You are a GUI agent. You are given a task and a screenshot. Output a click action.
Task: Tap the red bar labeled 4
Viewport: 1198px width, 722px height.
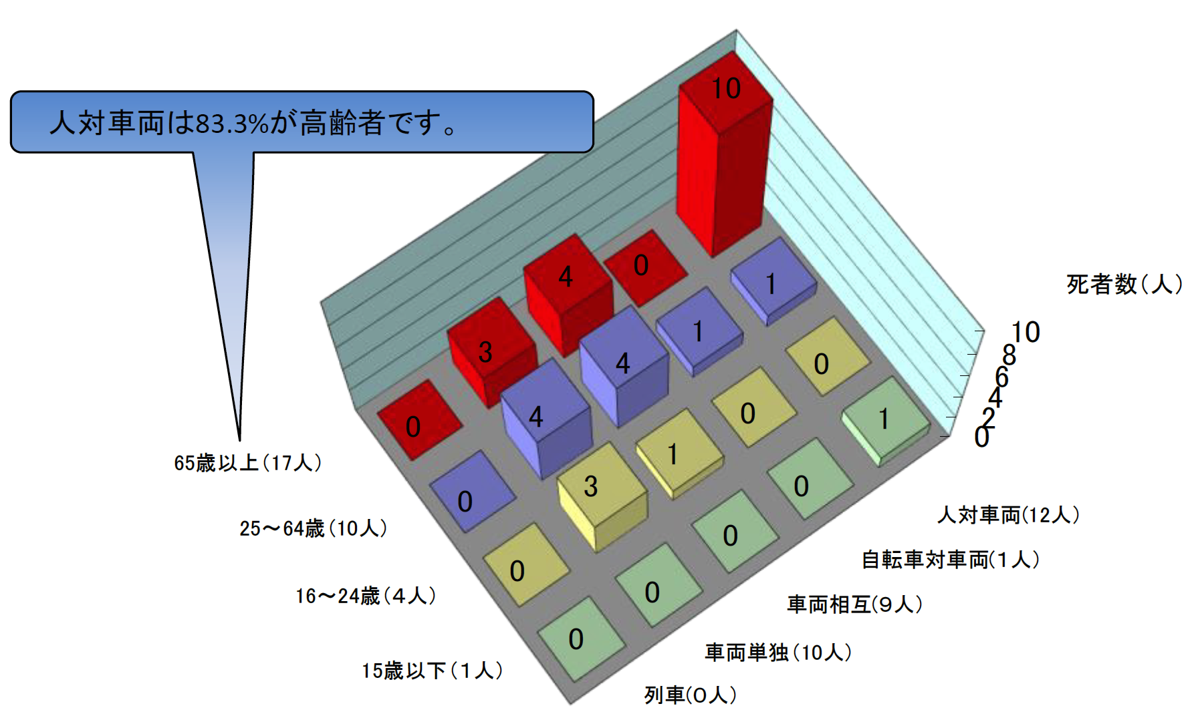568,294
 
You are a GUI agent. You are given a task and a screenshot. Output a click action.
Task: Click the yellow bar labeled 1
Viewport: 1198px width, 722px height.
679,454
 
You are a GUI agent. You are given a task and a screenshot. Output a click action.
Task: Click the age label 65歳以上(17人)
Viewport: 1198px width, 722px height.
248,463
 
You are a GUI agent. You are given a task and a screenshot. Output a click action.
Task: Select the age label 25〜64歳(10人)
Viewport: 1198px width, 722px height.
314,528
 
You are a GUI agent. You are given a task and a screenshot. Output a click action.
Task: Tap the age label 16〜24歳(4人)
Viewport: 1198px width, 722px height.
366,596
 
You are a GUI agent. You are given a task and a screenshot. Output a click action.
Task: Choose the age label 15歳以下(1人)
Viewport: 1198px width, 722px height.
433,671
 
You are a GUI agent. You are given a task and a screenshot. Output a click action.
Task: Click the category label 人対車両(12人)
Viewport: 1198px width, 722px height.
1008,515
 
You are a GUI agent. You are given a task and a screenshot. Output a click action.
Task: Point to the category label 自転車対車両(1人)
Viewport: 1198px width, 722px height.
951,560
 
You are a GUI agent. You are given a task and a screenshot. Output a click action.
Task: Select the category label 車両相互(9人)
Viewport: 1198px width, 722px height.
855,604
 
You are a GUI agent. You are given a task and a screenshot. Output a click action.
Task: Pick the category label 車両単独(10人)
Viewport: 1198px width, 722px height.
778,653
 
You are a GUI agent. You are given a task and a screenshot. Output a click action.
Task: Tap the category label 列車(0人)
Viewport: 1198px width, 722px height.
691,695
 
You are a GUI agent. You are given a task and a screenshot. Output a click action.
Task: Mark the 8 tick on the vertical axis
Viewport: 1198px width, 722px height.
1009,355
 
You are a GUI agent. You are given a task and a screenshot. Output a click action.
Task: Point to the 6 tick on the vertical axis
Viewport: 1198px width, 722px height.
1001,377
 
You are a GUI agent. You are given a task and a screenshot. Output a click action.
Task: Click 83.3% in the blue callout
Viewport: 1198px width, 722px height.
231,123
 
